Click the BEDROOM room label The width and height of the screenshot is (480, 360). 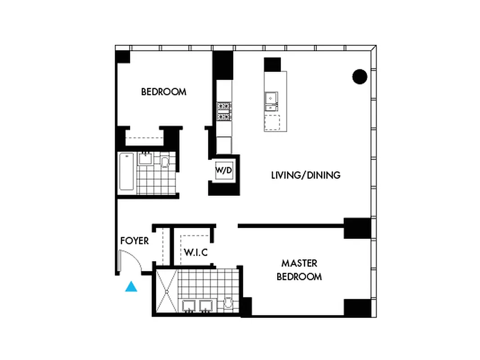coord(164,92)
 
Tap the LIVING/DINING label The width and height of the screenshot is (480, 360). coord(305,175)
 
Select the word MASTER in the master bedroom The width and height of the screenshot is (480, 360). coord(299,263)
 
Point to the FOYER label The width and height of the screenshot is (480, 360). coord(135,241)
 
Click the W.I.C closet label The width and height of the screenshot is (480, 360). coord(196,252)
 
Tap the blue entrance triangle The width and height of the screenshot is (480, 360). coord(131,287)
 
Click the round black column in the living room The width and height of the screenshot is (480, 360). coord(359,77)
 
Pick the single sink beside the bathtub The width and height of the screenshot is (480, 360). coord(145,158)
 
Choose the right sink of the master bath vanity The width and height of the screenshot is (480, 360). coord(206,306)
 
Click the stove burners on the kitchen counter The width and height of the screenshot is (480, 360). coord(224,111)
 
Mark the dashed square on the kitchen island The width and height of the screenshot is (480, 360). coord(272,122)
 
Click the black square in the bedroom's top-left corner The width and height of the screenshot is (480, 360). coord(122,57)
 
